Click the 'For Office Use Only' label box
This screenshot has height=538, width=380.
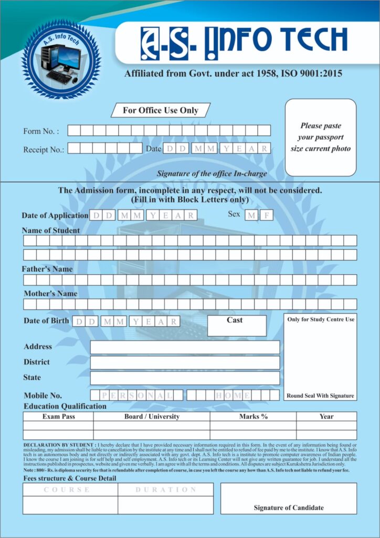[161, 110]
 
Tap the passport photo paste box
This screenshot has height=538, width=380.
[320, 137]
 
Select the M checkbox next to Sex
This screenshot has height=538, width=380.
[251, 215]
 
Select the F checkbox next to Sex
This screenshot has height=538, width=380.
[266, 215]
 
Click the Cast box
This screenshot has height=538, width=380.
[237, 325]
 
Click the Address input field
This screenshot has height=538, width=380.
[185, 347]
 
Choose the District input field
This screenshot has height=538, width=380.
[185, 363]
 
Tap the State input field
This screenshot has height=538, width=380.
[185, 378]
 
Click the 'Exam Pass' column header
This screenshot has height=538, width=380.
[58, 417]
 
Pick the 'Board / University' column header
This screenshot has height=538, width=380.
[152, 417]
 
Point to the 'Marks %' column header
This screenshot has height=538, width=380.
[254, 417]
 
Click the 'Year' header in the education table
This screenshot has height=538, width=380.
[326, 417]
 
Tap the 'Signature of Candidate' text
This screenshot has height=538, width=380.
[289, 508]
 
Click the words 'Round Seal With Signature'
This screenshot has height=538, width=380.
[320, 396]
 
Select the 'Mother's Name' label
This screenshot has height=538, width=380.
[50, 294]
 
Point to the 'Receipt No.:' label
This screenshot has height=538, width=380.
[44, 150]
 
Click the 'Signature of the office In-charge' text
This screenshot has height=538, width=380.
[212, 173]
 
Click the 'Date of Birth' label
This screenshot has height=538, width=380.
[46, 320]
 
